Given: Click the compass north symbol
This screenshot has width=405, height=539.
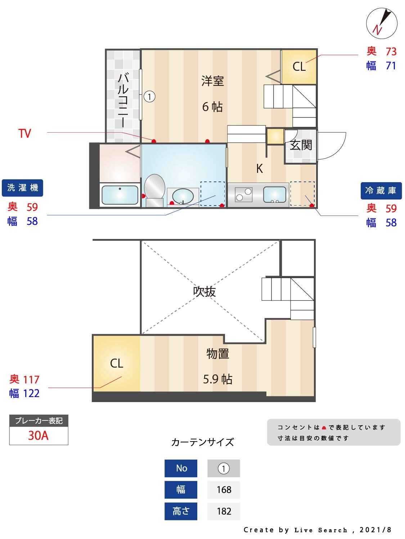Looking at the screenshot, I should pyautogui.click(x=382, y=23).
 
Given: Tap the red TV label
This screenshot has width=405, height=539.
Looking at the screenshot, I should pyautogui.click(x=25, y=134).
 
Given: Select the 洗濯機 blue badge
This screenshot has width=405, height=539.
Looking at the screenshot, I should pyautogui.click(x=22, y=188).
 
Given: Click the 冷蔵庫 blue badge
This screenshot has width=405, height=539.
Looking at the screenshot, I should pyautogui.click(x=381, y=190).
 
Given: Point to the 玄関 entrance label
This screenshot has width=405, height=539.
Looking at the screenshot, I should pyautogui.click(x=301, y=145).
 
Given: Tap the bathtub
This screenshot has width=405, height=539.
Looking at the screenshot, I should pyautogui.click(x=120, y=195).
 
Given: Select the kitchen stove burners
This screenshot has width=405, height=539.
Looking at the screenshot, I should pyautogui.click(x=244, y=194).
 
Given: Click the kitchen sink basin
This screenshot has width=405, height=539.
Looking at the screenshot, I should pyautogui.click(x=275, y=194).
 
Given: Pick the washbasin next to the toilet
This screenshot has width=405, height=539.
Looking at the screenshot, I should pyautogui.click(x=183, y=197).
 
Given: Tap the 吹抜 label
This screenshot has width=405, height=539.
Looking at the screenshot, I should pyautogui.click(x=204, y=291).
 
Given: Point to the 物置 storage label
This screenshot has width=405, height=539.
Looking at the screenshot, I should pyautogui.click(x=218, y=354).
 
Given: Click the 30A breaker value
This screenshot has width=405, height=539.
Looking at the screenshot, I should pyautogui.click(x=38, y=436).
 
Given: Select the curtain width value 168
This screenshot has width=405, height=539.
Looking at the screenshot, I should pyautogui.click(x=224, y=490).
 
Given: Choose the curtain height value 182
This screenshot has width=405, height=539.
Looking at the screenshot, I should pyautogui.click(x=224, y=511).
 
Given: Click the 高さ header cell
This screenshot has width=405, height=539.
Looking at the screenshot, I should pyautogui.click(x=181, y=511).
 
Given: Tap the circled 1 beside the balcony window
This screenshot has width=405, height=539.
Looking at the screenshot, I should pyautogui.click(x=149, y=96).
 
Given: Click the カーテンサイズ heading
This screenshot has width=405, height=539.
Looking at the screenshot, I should pyautogui.click(x=203, y=442).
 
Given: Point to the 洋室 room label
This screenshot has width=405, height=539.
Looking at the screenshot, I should pyautogui.click(x=213, y=81).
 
